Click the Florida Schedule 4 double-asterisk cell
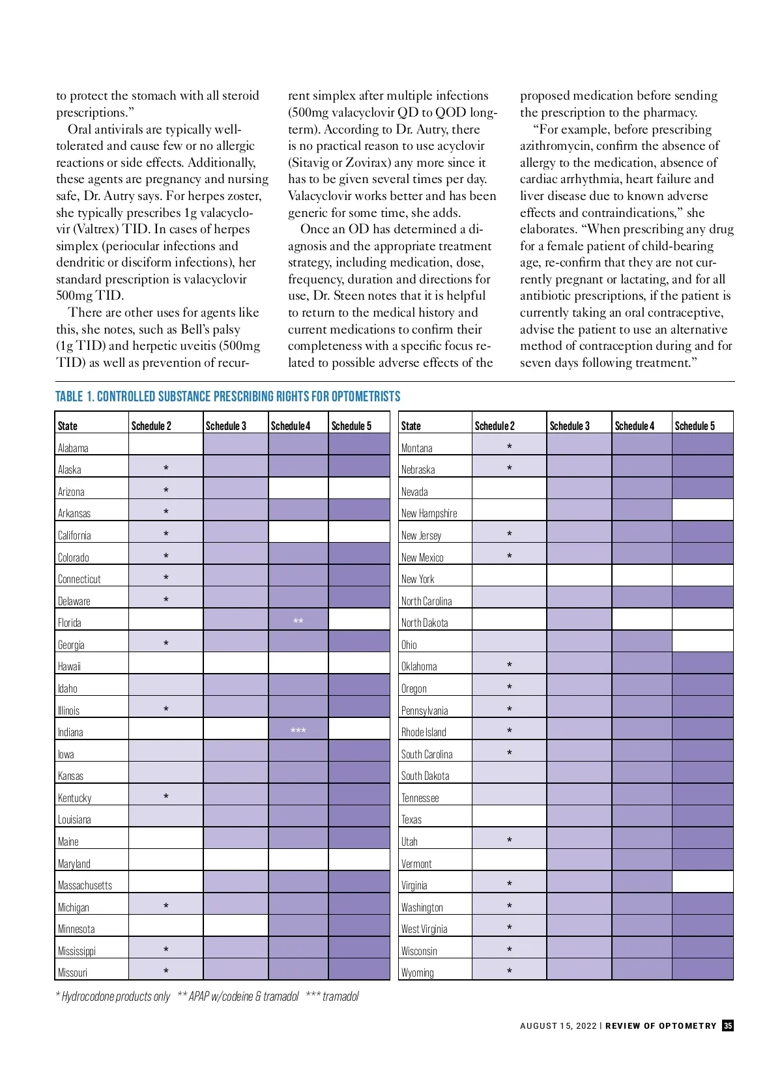tap(298, 621)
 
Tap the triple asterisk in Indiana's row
tap(298, 730)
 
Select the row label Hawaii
tap(69, 666)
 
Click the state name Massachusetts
tap(85, 885)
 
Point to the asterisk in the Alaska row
tap(166, 468)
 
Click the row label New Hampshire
tap(429, 513)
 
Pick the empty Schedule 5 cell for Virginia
tap(702, 883)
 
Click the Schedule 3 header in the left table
tap(225, 426)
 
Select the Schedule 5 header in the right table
tap(695, 426)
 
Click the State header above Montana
tap(411, 426)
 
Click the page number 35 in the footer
tap(728, 1025)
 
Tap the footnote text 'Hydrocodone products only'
tap(115, 996)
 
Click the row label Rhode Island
tap(424, 732)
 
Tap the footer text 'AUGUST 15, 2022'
tap(558, 1025)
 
